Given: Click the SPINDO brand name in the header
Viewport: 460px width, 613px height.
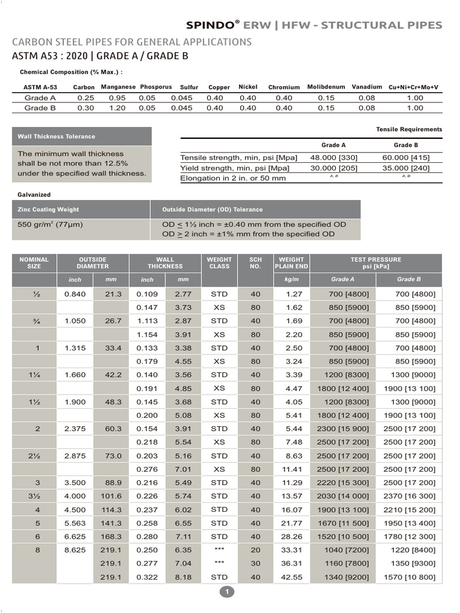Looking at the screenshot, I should click(213, 25).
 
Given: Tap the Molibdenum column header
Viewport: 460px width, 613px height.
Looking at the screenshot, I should click(326, 87).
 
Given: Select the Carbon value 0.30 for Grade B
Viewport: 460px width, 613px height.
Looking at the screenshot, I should click(86, 108).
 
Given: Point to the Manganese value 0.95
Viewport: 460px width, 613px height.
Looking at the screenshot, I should click(117, 98).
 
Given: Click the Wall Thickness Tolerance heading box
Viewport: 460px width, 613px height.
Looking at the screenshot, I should click(82, 136).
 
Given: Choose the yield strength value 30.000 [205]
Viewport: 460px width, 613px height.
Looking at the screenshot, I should click(334, 168).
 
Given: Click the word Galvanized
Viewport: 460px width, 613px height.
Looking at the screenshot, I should click(34, 195).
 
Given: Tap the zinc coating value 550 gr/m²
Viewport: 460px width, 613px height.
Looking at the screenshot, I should click(50, 224).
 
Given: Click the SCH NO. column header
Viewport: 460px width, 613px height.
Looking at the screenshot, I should click(256, 263).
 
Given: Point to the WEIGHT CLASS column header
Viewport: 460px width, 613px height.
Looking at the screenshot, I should click(219, 263).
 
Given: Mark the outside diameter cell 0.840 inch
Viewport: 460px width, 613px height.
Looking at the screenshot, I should click(75, 294).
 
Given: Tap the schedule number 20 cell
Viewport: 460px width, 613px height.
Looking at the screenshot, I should click(256, 550).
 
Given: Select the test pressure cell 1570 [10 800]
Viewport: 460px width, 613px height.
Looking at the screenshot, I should click(409, 577).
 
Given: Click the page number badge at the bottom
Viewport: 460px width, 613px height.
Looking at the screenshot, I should click(228, 592).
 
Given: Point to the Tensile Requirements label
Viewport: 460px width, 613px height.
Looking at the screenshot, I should click(409, 129).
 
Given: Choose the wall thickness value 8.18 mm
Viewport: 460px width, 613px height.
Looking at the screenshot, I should click(183, 577).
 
